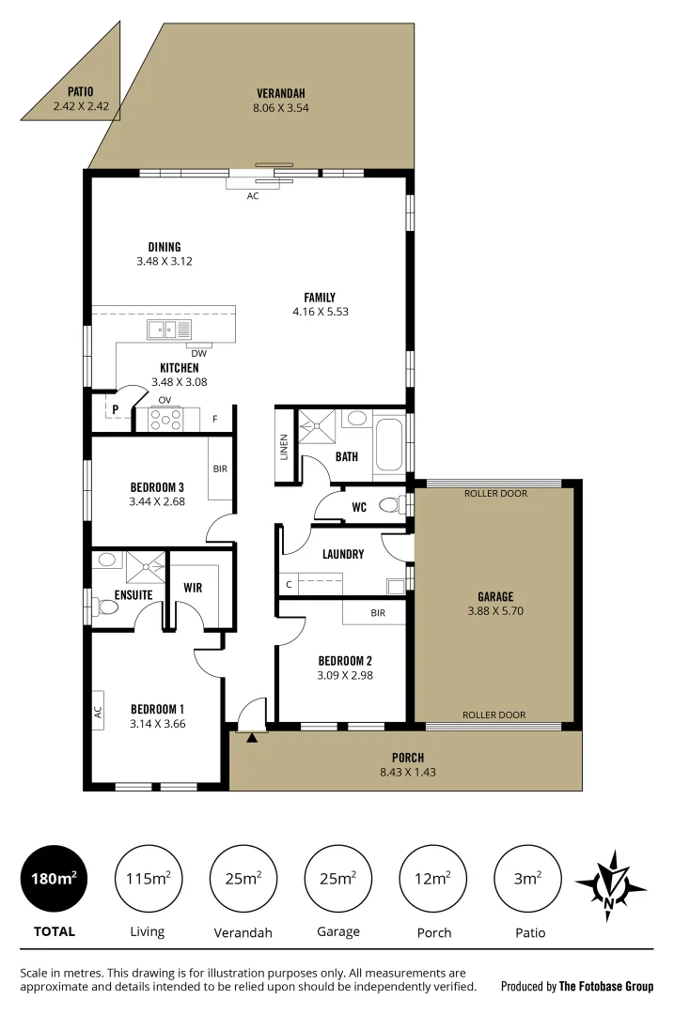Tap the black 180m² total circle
tap(54, 879)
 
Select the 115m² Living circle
tap(148, 879)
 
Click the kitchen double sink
tap(169, 330)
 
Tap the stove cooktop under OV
tap(165, 420)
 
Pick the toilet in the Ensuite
tap(105, 607)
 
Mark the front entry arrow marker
tap(251, 738)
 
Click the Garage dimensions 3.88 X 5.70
tap(494, 609)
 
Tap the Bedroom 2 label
tap(345, 660)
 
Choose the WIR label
tap(193, 588)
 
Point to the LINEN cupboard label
tap(284, 447)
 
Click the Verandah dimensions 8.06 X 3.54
tap(280, 107)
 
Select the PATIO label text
tap(80, 92)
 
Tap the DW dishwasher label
tap(198, 353)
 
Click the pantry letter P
tap(115, 409)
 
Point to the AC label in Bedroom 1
tap(97, 713)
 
